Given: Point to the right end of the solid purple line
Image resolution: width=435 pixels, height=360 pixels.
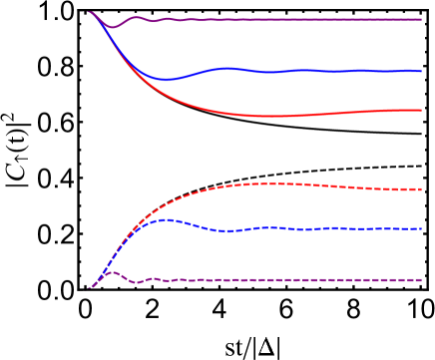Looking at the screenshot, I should tap(421, 19).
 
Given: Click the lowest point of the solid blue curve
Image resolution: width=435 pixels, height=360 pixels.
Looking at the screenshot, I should tap(167, 79).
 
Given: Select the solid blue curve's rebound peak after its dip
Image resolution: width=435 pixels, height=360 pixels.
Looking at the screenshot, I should tap(227, 69).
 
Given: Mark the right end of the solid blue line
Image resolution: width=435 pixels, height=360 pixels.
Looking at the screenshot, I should tap(421, 71).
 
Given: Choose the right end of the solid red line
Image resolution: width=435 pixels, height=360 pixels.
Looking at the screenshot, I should tap(421, 110).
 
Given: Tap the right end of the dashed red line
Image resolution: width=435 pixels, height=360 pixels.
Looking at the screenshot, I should tap(421, 188).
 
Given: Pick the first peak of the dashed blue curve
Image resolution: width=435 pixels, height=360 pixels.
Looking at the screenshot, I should tap(166, 219).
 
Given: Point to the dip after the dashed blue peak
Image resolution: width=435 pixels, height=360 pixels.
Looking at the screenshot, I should tap(229, 230).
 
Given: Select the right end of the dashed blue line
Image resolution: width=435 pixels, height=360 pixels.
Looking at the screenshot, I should tap(421, 228).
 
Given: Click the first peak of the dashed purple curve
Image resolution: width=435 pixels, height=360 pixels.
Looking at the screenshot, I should tap(114, 272).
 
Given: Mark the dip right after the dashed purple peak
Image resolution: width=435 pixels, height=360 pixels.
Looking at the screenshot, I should tap(135, 282).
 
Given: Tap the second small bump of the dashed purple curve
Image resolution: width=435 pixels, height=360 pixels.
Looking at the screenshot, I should tap(152, 278).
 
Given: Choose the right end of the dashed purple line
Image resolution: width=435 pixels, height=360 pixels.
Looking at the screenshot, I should tap(421, 280).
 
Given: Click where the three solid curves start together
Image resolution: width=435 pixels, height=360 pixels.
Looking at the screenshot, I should tap(90, 12).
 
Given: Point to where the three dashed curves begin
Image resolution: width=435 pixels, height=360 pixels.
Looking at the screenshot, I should tap(89, 288).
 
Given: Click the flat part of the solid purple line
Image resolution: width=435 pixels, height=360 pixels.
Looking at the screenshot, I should tap(299, 19).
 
